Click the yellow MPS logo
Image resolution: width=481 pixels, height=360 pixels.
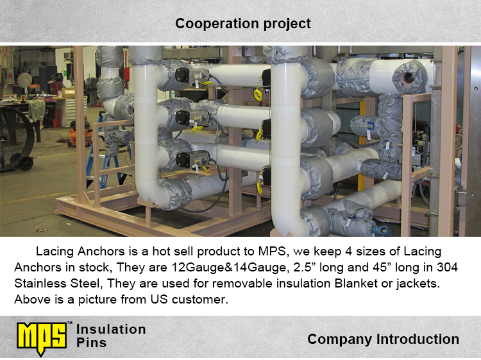42,339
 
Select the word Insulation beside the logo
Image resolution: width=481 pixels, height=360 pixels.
111,329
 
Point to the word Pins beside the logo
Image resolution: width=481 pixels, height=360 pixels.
92,343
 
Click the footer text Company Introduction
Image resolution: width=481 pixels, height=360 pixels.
383,339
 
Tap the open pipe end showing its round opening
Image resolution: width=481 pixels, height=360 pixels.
409,77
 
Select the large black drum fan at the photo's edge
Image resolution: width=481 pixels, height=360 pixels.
16,139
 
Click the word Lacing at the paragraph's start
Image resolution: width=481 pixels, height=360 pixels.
55,252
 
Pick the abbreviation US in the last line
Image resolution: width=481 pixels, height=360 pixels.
159,299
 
